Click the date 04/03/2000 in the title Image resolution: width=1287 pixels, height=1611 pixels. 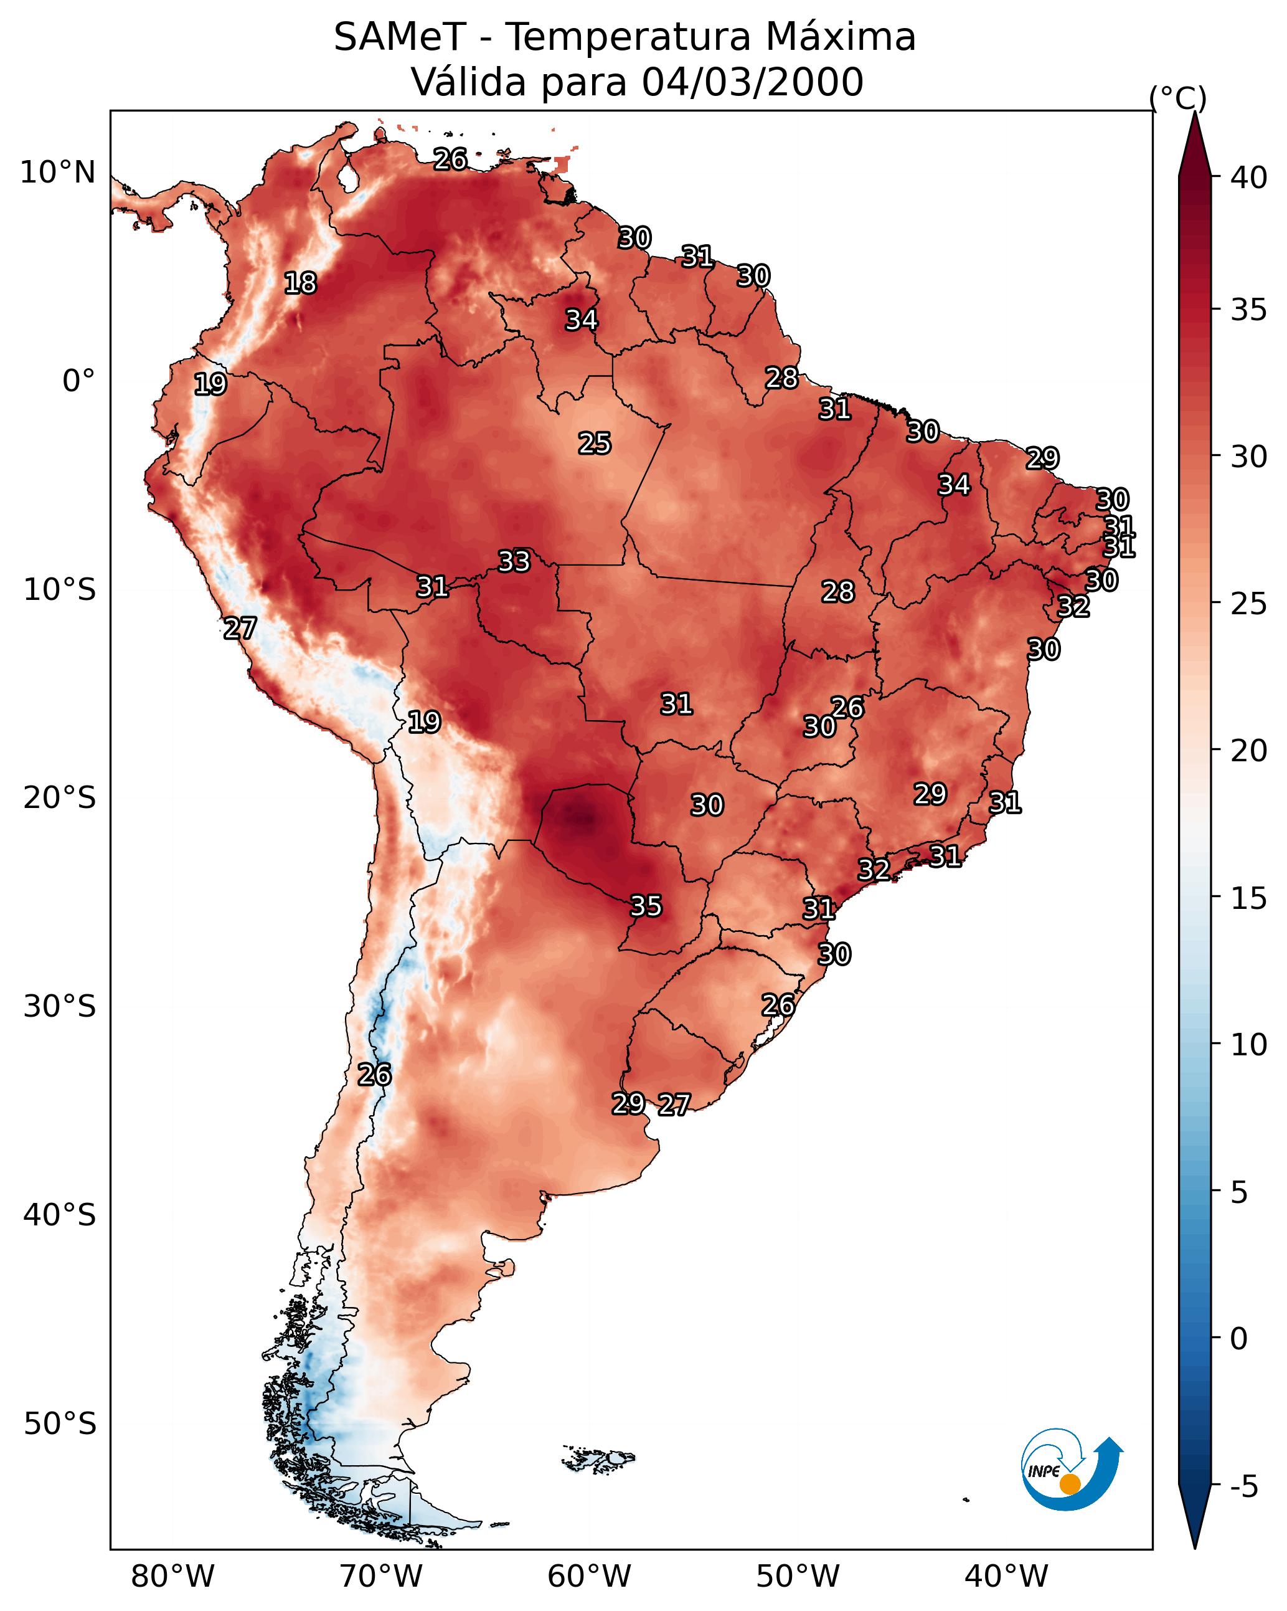tap(752, 82)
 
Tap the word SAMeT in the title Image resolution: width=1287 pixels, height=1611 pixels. tap(400, 37)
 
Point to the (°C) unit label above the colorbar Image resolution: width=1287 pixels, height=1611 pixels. tap(1177, 98)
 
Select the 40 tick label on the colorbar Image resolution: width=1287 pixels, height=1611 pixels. tap(1249, 178)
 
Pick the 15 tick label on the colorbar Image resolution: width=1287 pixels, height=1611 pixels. tap(1249, 898)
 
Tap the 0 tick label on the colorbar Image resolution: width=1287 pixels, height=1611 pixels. tap(1238, 1339)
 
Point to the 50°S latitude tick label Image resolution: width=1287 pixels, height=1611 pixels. tap(60, 1424)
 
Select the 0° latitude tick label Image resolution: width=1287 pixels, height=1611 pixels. tap(78, 381)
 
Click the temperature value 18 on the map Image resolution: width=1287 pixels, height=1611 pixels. tap(300, 283)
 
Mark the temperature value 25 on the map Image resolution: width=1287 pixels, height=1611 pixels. tap(595, 444)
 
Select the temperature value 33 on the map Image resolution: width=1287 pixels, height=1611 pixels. tap(514, 561)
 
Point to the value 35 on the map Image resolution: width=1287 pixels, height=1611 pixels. tap(646, 906)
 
